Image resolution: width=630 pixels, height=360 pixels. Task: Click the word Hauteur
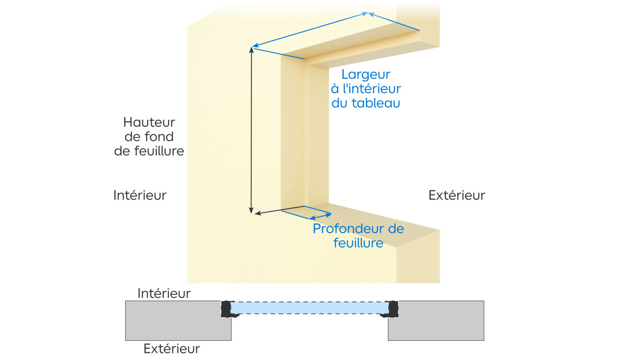pyautogui.click(x=149, y=122)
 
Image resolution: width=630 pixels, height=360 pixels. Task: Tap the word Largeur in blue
pyautogui.click(x=365, y=74)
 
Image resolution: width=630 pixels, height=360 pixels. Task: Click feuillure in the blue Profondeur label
pyautogui.click(x=358, y=243)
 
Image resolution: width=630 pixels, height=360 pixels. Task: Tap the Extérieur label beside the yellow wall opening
pyautogui.click(x=456, y=195)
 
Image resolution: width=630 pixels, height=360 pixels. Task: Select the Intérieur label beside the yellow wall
pyautogui.click(x=140, y=195)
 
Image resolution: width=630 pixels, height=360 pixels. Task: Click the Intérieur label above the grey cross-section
pyautogui.click(x=164, y=293)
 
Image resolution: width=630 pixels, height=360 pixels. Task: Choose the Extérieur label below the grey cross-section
pyautogui.click(x=171, y=348)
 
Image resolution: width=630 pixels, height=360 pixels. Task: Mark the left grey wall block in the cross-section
pyautogui.click(x=178, y=320)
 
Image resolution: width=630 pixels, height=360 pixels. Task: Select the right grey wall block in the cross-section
pyautogui.click(x=436, y=320)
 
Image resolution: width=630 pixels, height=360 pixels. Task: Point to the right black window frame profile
pyautogui.click(x=392, y=309)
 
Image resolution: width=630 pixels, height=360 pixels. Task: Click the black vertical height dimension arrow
pyautogui.click(x=251, y=130)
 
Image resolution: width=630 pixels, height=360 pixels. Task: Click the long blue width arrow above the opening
pyautogui.click(x=310, y=30)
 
